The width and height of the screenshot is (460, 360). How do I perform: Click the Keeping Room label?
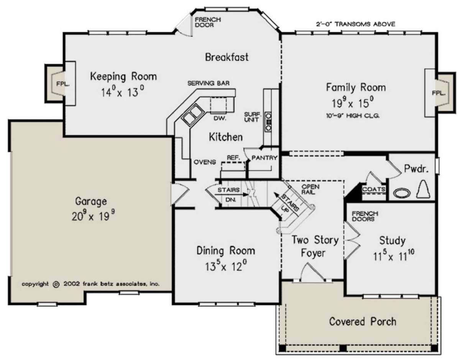(x=123, y=77)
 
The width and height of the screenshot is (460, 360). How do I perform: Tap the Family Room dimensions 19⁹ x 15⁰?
(x=353, y=103)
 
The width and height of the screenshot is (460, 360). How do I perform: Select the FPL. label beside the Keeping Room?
(x=63, y=84)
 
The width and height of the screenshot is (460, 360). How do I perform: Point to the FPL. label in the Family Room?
(x=439, y=93)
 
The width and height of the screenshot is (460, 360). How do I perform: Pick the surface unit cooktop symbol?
(x=268, y=122)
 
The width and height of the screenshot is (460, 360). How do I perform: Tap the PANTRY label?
(x=264, y=158)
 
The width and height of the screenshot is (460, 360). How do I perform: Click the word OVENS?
(x=205, y=162)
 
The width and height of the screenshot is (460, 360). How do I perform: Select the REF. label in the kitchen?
(x=233, y=158)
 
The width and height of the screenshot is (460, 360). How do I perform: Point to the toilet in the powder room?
(x=423, y=190)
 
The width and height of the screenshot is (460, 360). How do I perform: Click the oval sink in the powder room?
(x=402, y=193)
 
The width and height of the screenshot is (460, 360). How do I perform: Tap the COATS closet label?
(x=374, y=189)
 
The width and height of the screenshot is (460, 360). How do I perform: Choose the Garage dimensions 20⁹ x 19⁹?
(x=94, y=216)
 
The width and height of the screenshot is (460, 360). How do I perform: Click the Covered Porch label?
(x=363, y=322)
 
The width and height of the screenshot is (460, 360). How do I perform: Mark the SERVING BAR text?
(x=209, y=83)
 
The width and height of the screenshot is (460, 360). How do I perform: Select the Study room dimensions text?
(x=394, y=256)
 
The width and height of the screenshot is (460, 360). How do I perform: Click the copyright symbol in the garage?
(x=56, y=284)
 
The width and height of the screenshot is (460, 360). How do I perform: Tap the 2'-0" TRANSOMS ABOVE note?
(x=356, y=24)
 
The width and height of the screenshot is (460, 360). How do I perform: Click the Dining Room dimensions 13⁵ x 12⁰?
(x=226, y=266)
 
